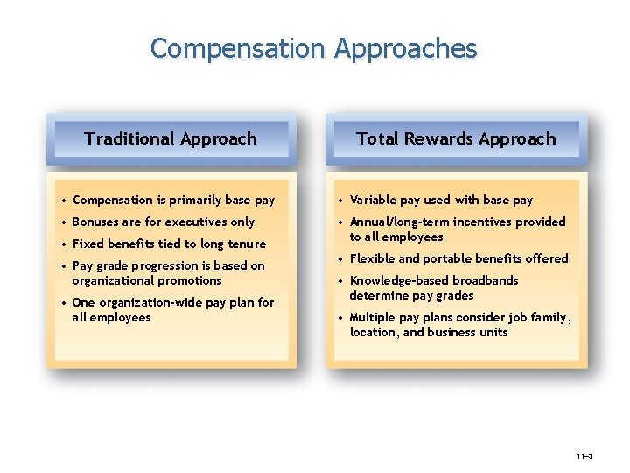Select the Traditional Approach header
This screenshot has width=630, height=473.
click(x=171, y=138)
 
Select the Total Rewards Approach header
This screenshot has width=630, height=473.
click(x=456, y=138)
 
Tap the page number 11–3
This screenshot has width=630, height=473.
click(x=584, y=457)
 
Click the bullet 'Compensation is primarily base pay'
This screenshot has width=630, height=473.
click(x=173, y=200)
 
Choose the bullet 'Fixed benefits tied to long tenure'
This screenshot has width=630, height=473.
click(x=169, y=244)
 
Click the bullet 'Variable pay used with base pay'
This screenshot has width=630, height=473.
click(x=441, y=200)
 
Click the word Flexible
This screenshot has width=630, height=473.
click(x=374, y=258)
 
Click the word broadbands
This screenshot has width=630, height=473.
click(x=485, y=280)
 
